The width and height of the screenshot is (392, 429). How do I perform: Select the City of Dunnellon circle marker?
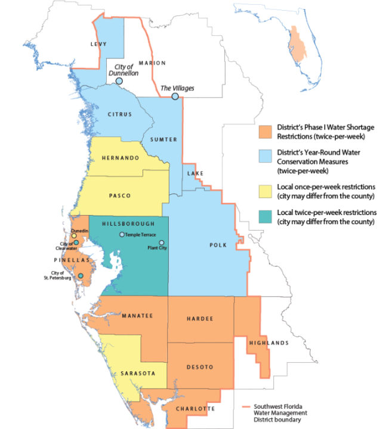tap(119, 80)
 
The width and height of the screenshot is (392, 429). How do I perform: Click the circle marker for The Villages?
tap(175, 97)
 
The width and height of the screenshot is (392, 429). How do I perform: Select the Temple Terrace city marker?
tap(122, 235)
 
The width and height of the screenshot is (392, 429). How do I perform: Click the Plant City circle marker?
tap(161, 243)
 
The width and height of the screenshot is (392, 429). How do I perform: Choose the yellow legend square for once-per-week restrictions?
tap(265, 190)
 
